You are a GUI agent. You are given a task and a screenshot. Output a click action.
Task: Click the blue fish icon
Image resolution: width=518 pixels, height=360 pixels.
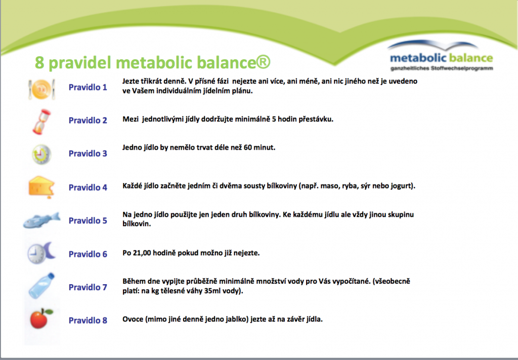coord(41,220)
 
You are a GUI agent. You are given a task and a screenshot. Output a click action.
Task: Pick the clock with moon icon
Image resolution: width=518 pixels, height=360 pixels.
coord(40,252)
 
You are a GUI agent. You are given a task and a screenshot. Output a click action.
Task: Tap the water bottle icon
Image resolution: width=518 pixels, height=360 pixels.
coord(40,286)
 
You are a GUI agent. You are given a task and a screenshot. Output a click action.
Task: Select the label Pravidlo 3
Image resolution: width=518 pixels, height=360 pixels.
coord(88,154)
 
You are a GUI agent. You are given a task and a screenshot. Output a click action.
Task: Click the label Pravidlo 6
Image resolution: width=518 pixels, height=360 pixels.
coord(88,254)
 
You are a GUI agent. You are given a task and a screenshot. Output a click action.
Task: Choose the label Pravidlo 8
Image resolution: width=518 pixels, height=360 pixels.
coord(88,321)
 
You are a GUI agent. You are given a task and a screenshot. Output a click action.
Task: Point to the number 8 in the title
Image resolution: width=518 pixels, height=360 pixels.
coord(39,63)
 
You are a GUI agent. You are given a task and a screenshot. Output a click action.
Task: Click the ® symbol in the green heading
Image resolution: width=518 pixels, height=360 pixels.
coord(264,62)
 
